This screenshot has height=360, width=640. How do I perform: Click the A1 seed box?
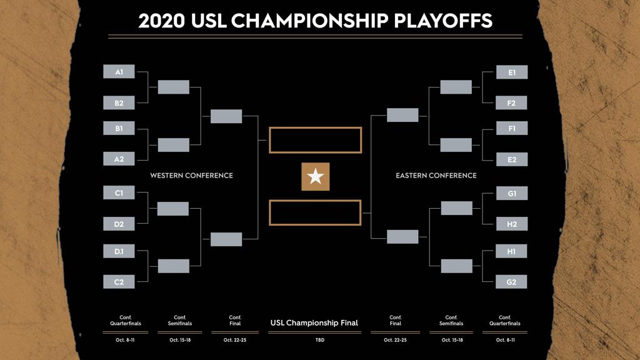(x=119, y=71)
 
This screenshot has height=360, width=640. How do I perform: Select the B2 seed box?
(x=119, y=103)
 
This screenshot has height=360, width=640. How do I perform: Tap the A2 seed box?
(x=119, y=159)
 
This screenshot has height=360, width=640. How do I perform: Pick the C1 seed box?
(x=119, y=192)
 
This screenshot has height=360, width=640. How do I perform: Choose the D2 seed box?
(x=119, y=224)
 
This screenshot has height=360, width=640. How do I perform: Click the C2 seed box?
(x=119, y=282)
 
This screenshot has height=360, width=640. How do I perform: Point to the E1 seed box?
(x=512, y=72)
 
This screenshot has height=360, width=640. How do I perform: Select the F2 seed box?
(x=511, y=103)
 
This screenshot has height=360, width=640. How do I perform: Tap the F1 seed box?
(x=512, y=128)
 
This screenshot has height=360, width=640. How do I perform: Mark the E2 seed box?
(x=512, y=159)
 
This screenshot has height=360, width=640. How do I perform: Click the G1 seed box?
(x=512, y=193)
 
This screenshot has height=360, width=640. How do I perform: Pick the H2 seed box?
(x=512, y=224)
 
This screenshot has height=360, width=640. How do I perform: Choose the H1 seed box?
(x=511, y=251)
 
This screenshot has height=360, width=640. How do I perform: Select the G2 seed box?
(x=511, y=282)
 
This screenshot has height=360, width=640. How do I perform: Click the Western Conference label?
(x=191, y=176)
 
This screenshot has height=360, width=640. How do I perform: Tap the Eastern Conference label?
(x=436, y=176)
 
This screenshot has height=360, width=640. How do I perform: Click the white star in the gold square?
(x=316, y=177)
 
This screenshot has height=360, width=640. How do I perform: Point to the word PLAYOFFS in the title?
(x=443, y=21)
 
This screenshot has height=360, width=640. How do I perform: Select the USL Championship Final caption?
(x=314, y=323)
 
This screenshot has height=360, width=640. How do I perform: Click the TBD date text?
(x=319, y=340)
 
